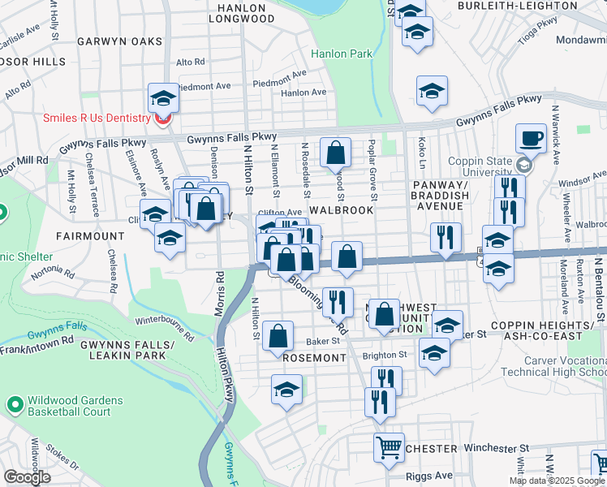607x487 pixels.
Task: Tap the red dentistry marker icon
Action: click(162, 119)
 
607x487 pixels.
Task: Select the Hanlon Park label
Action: click(342, 54)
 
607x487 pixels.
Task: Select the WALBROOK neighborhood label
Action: click(342, 209)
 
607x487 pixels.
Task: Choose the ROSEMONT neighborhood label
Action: click(314, 357)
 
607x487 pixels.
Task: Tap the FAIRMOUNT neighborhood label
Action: click(89, 235)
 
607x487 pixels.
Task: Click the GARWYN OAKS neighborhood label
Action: click(119, 41)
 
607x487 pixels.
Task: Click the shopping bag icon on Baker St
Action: click(278, 334)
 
